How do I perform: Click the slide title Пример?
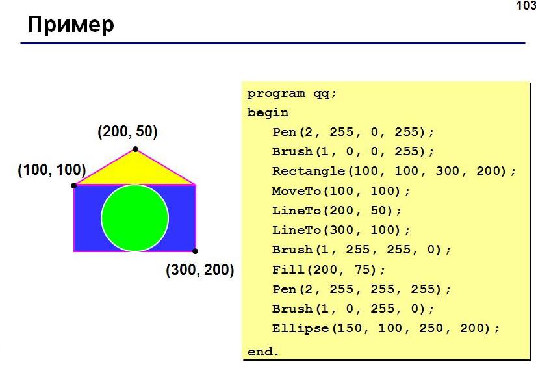pyautogui.click(x=70, y=25)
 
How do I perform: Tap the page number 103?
pyautogui.click(x=526, y=6)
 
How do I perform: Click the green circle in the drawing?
pyautogui.click(x=135, y=218)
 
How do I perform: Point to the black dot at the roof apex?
pyautogui.click(x=135, y=149)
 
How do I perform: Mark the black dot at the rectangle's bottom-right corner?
pyautogui.click(x=195, y=251)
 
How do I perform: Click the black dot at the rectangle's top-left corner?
pyautogui.click(x=74, y=185)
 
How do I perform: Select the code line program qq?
pyautogui.click(x=292, y=94)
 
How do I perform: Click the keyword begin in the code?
pyautogui.click(x=268, y=113)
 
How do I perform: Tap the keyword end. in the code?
pyautogui.click(x=263, y=352)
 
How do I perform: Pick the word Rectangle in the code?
pyautogui.click(x=309, y=171)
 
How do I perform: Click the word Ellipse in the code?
pyautogui.click(x=300, y=328)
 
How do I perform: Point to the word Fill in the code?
pyautogui.click(x=288, y=270)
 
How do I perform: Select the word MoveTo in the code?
pyautogui.click(x=296, y=191)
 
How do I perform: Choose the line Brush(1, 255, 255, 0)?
pyautogui.click(x=361, y=250)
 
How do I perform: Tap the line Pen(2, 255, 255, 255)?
pyautogui.click(x=361, y=289)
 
